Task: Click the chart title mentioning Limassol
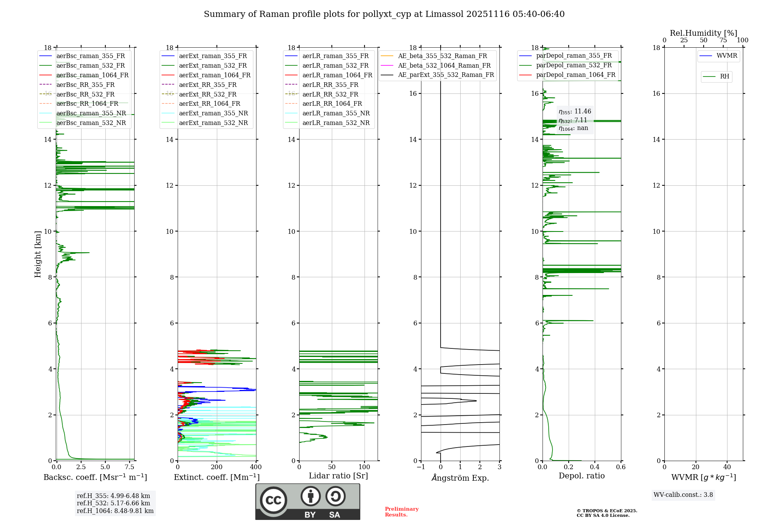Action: click(384, 14)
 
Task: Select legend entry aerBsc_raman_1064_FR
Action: click(92, 75)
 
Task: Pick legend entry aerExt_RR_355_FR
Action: click(208, 85)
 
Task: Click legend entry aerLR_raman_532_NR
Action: click(336, 123)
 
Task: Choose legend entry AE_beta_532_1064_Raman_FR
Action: click(444, 66)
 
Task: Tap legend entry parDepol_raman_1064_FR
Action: click(575, 75)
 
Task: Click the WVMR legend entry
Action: click(726, 56)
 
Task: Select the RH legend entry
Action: click(724, 77)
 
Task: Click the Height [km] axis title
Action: click(38, 254)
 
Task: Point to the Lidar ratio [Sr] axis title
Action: click(338, 476)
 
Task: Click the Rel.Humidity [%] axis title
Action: click(703, 33)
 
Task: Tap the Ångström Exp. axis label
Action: click(460, 478)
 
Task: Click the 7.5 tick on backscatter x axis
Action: click(130, 467)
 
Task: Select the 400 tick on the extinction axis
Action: click(256, 467)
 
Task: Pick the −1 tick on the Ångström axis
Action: click(421, 467)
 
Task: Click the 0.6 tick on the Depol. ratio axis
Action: click(621, 467)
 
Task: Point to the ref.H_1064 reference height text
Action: click(115, 511)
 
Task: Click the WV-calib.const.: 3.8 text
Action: click(683, 495)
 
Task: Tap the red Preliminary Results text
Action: click(401, 512)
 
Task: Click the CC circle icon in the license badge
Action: click(273, 500)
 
